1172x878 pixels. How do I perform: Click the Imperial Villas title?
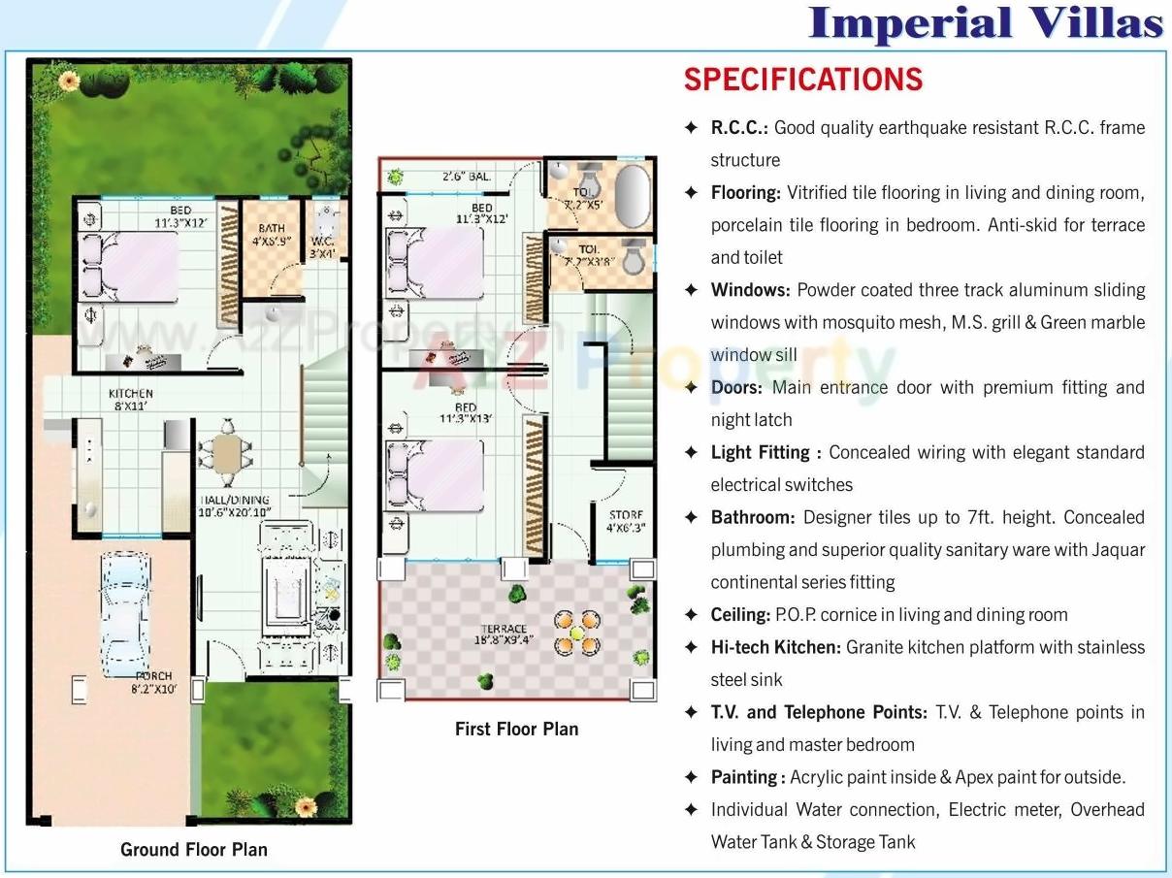985,23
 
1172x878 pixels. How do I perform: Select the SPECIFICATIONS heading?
802,80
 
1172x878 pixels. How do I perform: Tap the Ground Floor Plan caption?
194,850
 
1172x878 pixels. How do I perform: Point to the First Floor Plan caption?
516,729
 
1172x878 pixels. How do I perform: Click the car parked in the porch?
125,605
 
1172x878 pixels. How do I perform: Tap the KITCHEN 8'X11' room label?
130,400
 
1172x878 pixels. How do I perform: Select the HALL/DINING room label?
235,506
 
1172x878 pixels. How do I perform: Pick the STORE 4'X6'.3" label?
626,521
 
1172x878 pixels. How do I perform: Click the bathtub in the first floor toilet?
632,191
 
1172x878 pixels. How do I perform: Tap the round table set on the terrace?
576,632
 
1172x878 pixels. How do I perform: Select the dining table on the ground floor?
225,453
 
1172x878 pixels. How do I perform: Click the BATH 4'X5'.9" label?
272,236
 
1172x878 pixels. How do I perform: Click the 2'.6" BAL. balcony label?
467,177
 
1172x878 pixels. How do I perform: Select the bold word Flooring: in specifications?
745,193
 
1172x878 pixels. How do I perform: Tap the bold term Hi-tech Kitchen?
775,647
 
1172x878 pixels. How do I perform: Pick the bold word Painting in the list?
745,777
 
